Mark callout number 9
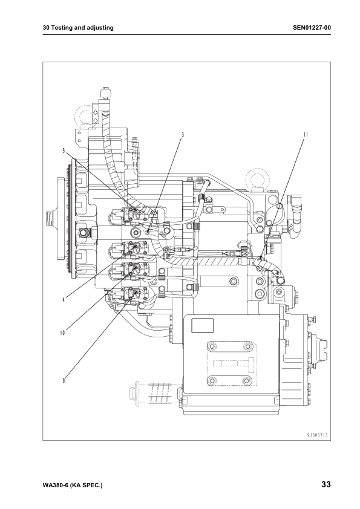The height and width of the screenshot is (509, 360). coord(63,380)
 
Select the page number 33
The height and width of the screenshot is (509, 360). coord(326,485)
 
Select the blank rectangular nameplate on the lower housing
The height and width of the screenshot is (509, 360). coord(203,325)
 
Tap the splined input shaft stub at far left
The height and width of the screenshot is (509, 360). coord(50,215)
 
